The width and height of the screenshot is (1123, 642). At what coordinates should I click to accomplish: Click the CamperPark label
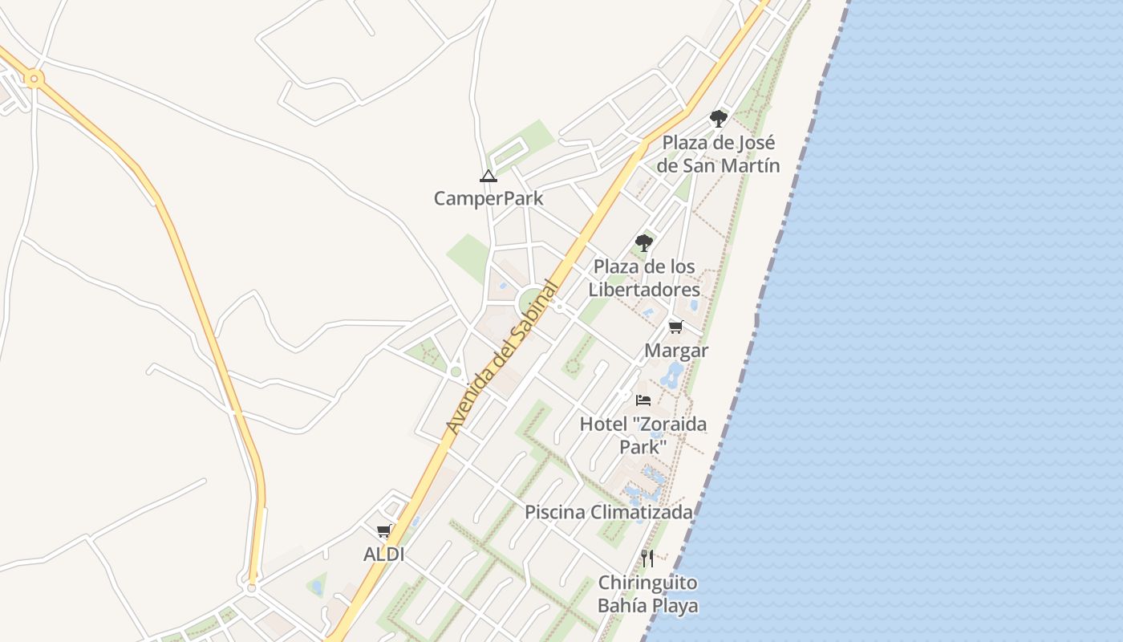point(489,198)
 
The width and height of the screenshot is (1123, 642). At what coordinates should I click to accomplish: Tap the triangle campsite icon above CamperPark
point(488,176)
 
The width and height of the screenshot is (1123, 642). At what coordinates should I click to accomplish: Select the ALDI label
point(383,555)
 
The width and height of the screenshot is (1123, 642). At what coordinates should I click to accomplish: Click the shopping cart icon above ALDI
point(384,531)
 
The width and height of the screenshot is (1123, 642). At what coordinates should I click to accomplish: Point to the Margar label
point(676,351)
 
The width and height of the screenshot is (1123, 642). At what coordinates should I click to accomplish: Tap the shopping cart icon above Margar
point(675,327)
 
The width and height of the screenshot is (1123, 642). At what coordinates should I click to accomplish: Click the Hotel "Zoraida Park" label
point(643,434)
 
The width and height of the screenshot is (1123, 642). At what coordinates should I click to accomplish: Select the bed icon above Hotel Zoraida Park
point(643,400)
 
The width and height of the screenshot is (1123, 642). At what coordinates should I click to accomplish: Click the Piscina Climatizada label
point(608,512)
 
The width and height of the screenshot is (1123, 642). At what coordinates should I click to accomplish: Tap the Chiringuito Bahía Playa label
point(647,594)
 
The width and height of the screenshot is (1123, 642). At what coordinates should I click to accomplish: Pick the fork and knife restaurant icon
point(647,559)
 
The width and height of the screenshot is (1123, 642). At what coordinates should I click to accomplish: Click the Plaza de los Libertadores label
point(644,278)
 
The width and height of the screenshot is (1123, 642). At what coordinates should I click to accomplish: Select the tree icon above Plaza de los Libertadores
point(643,242)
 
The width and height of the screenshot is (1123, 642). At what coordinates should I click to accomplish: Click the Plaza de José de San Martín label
point(719,154)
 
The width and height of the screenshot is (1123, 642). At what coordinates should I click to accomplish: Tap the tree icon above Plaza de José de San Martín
point(718,119)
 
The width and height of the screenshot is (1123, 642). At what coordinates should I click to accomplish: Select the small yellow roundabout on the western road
point(34,79)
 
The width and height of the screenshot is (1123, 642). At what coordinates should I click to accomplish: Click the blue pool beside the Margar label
point(672,374)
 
